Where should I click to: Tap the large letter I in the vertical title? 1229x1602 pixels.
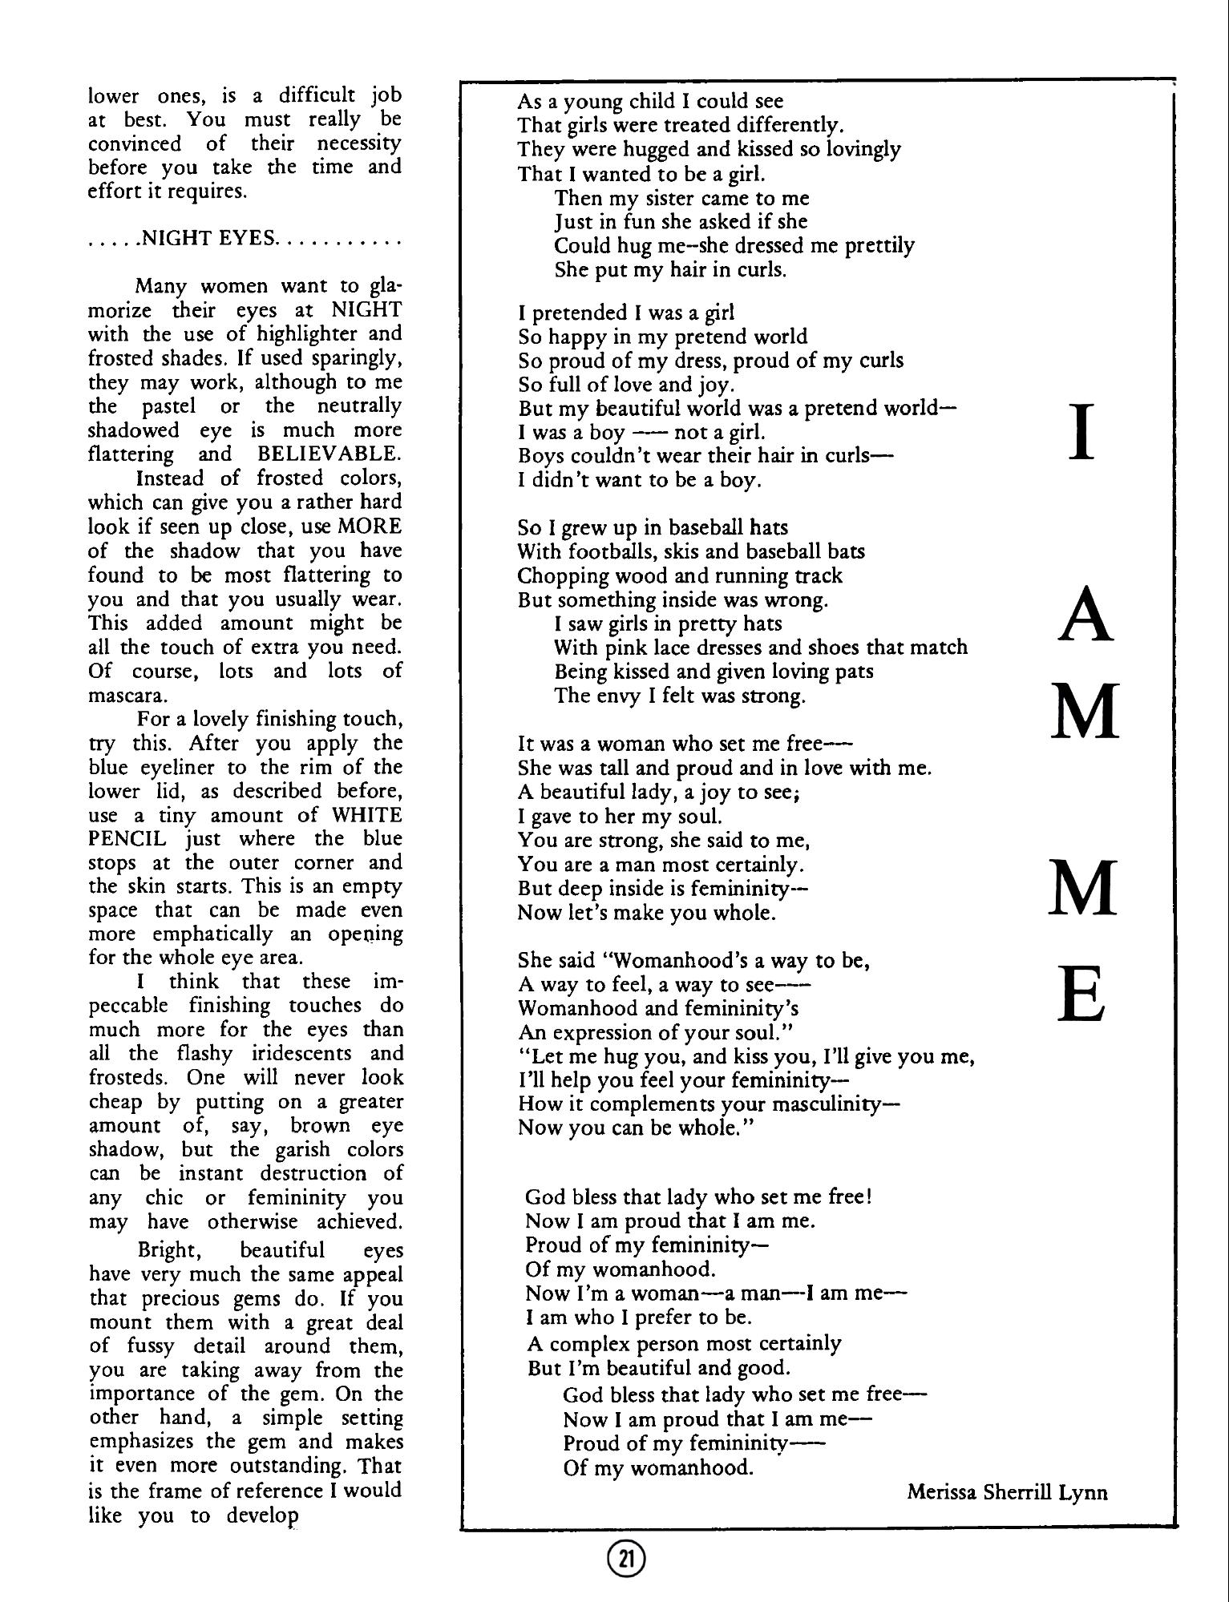pyautogui.click(x=1082, y=432)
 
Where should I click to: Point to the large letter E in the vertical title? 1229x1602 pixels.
pyautogui.click(x=1082, y=993)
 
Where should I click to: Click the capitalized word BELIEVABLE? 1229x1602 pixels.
pyautogui.click(x=329, y=454)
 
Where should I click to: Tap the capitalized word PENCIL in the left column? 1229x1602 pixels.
pyautogui.click(x=127, y=838)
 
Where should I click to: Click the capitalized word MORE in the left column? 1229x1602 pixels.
pyautogui.click(x=370, y=527)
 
